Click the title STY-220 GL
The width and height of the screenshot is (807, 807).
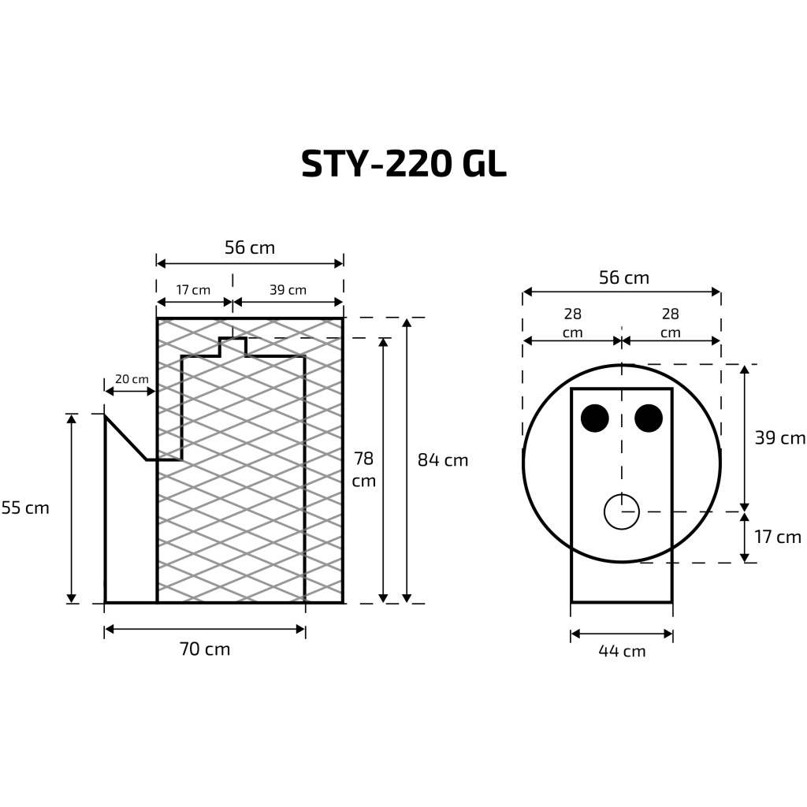(403, 163)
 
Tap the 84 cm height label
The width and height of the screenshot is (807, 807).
(442, 460)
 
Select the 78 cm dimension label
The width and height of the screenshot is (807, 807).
(363, 469)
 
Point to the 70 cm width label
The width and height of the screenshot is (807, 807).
(205, 649)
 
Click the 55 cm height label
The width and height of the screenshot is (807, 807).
(25, 508)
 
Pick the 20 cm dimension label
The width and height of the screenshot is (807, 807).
(131, 379)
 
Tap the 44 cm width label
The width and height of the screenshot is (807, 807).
(621, 651)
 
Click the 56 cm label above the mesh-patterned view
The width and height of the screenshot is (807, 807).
(250, 247)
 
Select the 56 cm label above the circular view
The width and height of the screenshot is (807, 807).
(623, 277)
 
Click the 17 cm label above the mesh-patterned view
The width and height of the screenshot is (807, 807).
(193, 290)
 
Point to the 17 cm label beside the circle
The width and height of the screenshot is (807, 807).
(777, 537)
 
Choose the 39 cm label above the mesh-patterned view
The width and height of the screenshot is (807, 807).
(288, 290)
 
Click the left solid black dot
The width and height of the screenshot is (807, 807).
(595, 418)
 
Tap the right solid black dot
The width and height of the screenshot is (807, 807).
(649, 418)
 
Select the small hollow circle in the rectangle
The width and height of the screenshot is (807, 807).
(622, 511)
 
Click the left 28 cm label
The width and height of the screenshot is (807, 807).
(573, 323)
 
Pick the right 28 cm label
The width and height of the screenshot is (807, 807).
(671, 323)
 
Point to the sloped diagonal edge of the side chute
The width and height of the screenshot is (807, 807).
(126, 438)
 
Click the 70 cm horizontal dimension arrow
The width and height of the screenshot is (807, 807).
(205, 629)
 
